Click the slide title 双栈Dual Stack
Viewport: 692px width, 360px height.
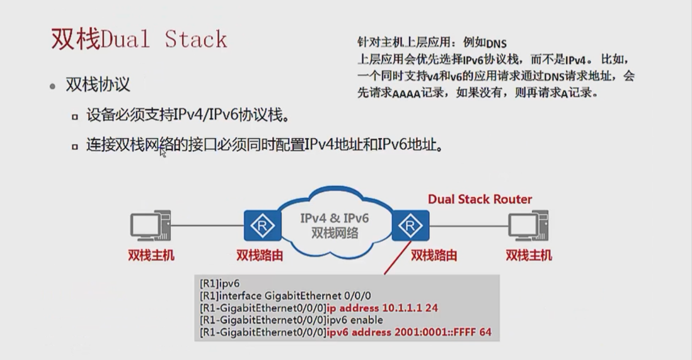click(x=139, y=39)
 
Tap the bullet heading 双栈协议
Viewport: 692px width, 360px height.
click(x=98, y=85)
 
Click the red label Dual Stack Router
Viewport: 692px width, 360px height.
click(x=480, y=199)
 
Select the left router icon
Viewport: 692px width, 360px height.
click(x=262, y=226)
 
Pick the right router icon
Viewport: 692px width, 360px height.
click(x=410, y=226)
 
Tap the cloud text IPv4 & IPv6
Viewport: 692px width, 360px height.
click(x=334, y=218)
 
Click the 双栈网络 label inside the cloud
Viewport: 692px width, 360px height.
click(x=334, y=233)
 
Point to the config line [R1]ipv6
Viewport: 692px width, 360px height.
click(x=219, y=284)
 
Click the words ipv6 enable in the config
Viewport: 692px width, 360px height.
click(x=354, y=320)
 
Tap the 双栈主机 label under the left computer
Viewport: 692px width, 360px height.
click(x=151, y=255)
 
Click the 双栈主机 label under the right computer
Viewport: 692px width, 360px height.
click(x=529, y=255)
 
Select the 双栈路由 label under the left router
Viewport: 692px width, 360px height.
click(x=259, y=255)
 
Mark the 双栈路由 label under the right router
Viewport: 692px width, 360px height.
click(x=434, y=255)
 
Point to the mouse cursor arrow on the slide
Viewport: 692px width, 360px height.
click(x=162, y=152)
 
